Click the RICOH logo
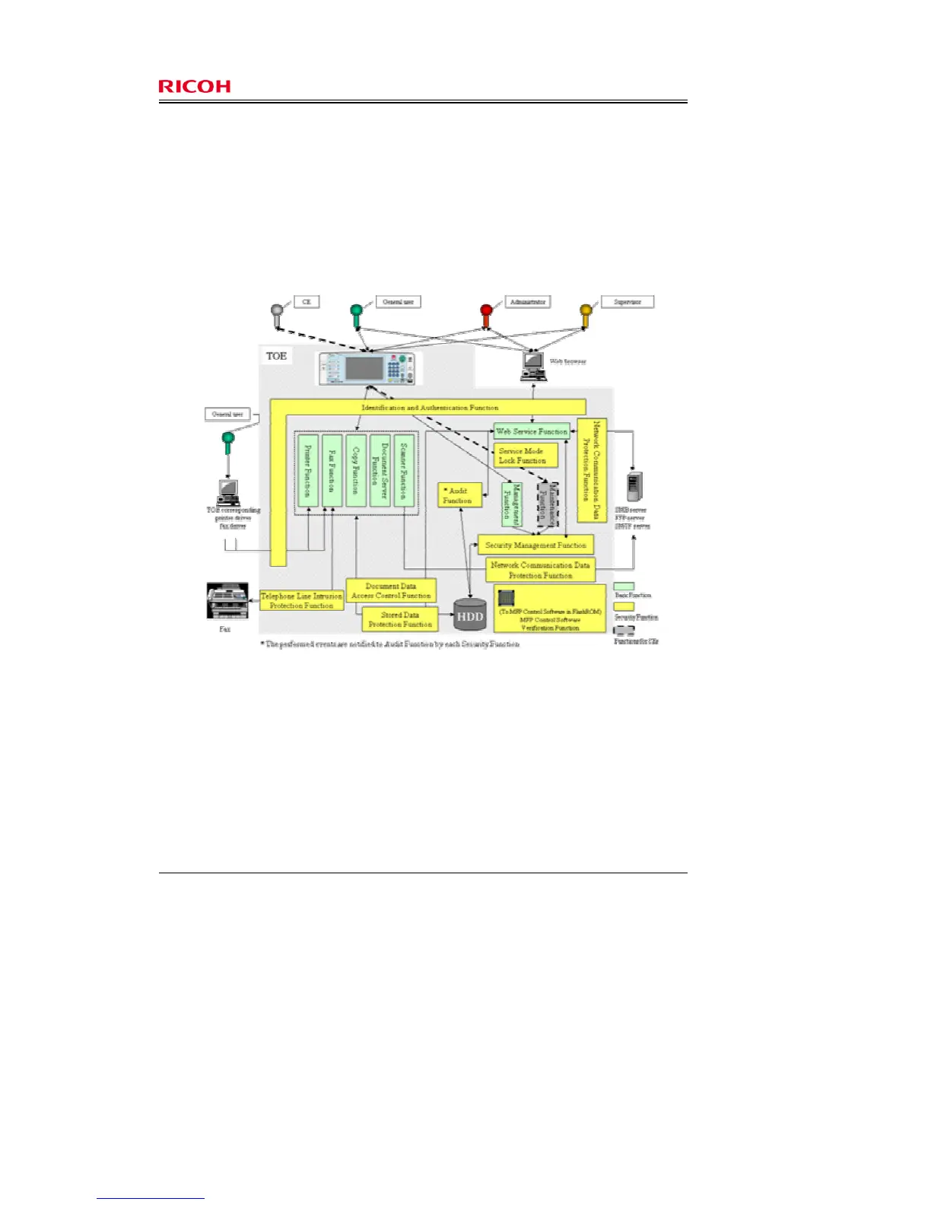[194, 87]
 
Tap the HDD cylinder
[469, 615]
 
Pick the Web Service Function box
[532, 431]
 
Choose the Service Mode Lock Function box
[526, 456]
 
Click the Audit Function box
[460, 495]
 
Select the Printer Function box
[307, 470]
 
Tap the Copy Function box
[356, 470]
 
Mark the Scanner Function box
[404, 470]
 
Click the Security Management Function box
[535, 545]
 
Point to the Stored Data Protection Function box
[400, 619]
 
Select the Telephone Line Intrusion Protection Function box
[301, 600]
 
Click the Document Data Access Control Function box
[391, 591]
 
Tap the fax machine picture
[227, 601]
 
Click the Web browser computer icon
[533, 366]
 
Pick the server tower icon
[634, 487]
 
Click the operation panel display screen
[364, 368]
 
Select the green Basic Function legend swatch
[624, 587]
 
